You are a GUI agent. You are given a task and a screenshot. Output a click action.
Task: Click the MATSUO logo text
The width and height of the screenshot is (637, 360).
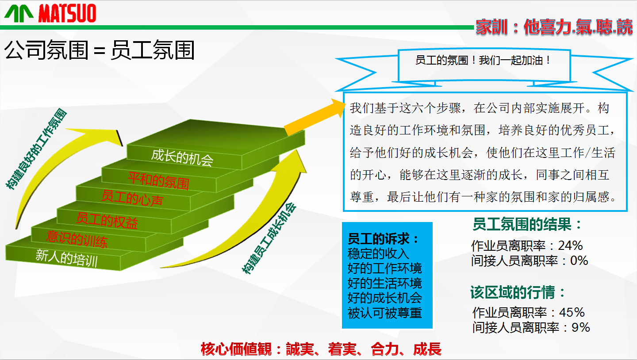point(67,13)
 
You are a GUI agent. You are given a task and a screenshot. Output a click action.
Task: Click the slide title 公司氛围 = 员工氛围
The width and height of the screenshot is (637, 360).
point(100,50)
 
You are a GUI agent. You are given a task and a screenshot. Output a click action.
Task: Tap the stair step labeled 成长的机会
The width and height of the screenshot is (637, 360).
point(182,156)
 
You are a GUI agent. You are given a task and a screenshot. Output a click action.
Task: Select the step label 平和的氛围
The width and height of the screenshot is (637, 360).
point(158,180)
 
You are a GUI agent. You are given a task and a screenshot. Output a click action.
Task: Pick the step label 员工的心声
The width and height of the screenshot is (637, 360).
point(132,198)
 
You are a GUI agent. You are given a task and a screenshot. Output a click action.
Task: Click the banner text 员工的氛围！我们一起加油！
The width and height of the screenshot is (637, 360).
point(484,60)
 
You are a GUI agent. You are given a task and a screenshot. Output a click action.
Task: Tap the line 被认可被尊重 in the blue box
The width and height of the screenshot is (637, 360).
point(384,313)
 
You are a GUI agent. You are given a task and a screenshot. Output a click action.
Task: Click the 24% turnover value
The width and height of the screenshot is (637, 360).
point(570,245)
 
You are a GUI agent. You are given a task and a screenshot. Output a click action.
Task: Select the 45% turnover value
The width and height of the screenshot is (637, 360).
point(572,313)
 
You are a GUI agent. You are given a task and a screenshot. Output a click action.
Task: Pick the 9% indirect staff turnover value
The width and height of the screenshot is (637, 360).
point(580,328)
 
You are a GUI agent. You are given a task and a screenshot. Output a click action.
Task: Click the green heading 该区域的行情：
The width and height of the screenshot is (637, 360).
point(518,293)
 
